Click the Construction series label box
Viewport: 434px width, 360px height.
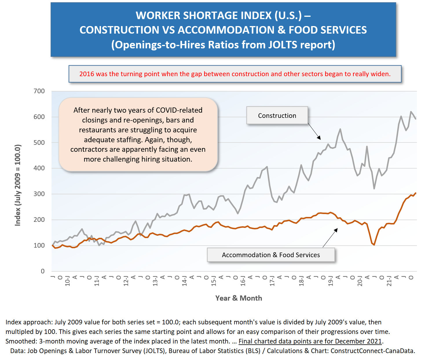pos(277,116)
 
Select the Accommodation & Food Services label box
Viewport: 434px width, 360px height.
pos(271,255)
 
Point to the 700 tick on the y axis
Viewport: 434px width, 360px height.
pos(39,91)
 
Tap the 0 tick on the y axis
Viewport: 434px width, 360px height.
pos(43,271)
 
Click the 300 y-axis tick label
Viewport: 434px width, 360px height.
pos(39,194)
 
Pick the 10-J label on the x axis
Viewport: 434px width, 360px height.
pos(67,281)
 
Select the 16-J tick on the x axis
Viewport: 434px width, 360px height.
pos(243,281)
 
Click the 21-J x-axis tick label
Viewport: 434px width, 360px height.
pos(389,281)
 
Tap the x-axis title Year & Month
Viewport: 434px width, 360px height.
pos(239,298)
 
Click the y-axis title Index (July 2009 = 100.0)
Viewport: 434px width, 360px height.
pos(18,185)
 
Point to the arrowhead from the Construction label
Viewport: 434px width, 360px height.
pos(319,138)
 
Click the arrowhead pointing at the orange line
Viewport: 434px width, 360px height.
pos(336,230)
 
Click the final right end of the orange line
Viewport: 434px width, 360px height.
pos(416,193)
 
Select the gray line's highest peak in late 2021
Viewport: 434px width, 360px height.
pos(411,112)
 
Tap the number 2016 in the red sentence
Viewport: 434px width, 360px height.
pos(87,74)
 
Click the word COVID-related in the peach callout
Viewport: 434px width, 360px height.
pos(179,110)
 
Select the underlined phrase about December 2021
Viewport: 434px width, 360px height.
pos(310,341)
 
